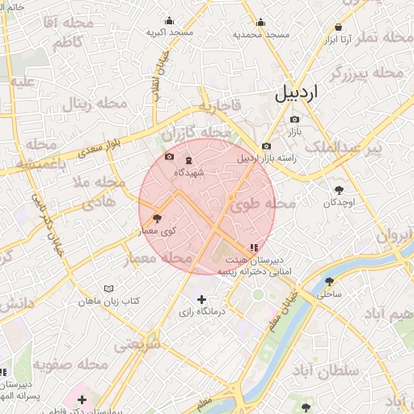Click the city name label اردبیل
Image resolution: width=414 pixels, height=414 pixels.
pyautogui.click(x=297, y=91)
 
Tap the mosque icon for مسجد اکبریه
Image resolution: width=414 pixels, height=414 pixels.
pyautogui.click(x=169, y=21)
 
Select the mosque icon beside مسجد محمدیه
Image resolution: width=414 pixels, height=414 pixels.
pyautogui.click(x=260, y=23)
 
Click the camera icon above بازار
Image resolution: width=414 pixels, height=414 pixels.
pyautogui.click(x=294, y=119)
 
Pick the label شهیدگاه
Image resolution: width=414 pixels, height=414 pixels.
pyautogui.click(x=188, y=172)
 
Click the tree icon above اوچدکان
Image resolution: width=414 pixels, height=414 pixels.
pyautogui.click(x=339, y=190)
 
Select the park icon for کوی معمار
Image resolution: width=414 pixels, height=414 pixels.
pyautogui.click(x=157, y=218)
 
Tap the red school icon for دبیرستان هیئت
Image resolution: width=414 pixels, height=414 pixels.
pyautogui.click(x=254, y=247)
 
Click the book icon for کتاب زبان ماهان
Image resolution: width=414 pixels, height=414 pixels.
pyautogui.click(x=109, y=289)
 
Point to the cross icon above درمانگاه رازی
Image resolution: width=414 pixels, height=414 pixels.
pyautogui.click(x=201, y=300)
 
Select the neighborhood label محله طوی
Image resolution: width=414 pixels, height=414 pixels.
pyautogui.click(x=264, y=205)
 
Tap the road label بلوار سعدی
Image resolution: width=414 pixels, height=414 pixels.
pyautogui.click(x=104, y=148)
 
